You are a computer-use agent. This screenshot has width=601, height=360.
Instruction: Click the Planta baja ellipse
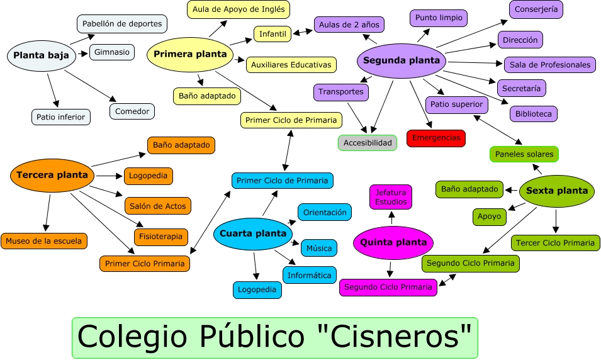pos(41,55)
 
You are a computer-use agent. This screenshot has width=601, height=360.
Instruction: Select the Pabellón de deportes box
pos(122,24)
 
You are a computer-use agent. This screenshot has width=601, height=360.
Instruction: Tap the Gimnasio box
pos(112,52)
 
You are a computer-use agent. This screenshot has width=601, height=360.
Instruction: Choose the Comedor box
pos(132,111)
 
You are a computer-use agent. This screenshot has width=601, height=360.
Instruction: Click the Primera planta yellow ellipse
pos(190,54)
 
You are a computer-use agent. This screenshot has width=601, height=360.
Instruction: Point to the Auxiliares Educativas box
pos(291,64)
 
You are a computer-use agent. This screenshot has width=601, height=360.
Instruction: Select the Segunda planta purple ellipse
pos(402,61)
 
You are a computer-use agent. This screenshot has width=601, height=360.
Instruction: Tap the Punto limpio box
pos(439,18)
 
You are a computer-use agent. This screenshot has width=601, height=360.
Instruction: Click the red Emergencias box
pos(435,138)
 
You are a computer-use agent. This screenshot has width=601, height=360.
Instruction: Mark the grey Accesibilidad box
pos(368,143)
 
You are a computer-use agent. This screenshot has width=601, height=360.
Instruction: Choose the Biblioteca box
pos(533,114)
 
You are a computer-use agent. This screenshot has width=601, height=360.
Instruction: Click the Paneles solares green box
pos(524,154)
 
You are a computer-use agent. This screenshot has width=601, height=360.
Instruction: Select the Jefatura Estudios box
pos(391,197)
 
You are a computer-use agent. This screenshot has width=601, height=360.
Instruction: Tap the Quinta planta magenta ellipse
pos(393,242)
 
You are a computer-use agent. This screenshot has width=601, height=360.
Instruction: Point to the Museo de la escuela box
pos(44,240)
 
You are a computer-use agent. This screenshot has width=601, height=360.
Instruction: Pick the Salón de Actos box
pos(157,206)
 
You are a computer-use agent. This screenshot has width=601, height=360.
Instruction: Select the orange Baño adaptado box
pos(181,145)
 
